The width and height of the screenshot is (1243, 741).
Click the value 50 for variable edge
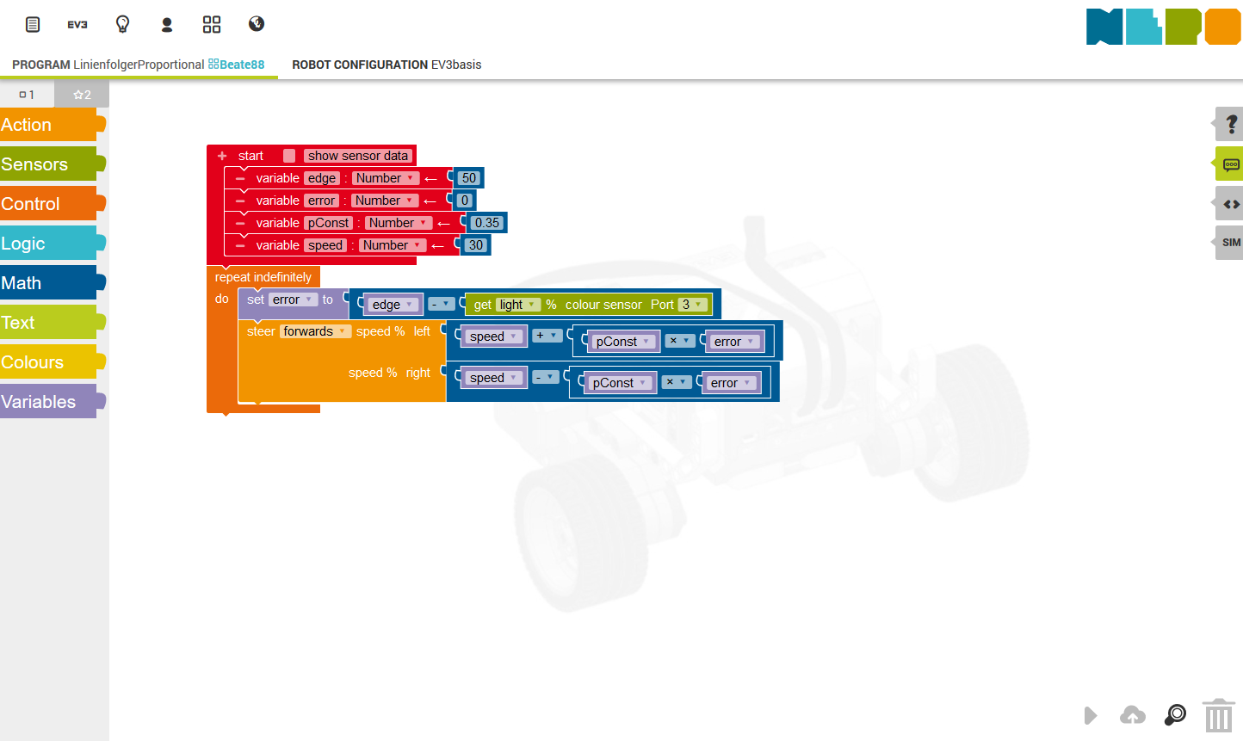(x=469, y=178)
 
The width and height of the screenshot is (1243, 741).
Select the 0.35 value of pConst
(x=486, y=223)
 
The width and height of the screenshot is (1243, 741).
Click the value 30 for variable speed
(x=475, y=245)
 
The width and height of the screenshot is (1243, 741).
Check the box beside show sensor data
(x=289, y=156)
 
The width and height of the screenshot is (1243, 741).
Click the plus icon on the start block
(x=222, y=156)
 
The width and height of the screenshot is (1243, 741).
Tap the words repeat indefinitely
(x=263, y=277)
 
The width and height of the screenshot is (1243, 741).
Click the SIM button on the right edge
(x=1230, y=243)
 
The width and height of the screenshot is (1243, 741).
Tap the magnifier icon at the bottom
(x=1175, y=715)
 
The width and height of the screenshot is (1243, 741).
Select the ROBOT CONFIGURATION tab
(x=387, y=65)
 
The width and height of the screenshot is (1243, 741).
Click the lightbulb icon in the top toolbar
(x=122, y=24)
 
